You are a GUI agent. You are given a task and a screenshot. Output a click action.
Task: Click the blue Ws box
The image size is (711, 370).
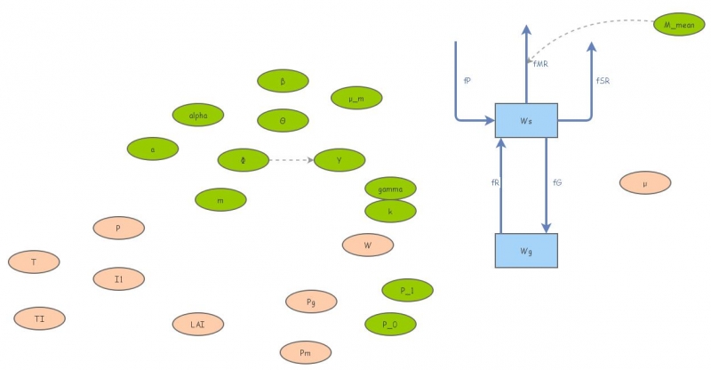(x=526, y=119)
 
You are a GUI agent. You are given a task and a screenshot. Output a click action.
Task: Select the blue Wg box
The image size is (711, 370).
(x=526, y=250)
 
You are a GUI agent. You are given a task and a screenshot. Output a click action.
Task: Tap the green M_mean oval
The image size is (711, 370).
(x=679, y=25)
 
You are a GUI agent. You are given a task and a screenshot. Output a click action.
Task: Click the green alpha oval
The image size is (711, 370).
(x=198, y=115)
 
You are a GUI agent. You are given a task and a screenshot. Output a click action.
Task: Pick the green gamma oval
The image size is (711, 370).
(x=390, y=189)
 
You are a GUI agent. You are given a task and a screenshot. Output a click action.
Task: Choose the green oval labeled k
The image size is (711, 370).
(x=390, y=211)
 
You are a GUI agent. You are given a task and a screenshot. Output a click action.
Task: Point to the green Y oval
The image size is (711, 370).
(x=340, y=160)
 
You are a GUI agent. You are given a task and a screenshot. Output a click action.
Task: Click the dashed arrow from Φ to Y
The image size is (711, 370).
(x=292, y=160)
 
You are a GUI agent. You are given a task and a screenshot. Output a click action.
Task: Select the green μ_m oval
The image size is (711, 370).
(x=356, y=98)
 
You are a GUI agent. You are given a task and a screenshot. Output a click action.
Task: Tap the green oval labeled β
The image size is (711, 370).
(x=283, y=81)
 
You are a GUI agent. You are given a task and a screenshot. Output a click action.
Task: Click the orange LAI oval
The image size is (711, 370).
(x=198, y=325)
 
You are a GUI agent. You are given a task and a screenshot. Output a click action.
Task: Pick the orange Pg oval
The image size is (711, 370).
(x=311, y=302)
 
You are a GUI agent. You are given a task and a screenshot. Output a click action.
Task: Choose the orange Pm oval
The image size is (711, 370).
(x=305, y=353)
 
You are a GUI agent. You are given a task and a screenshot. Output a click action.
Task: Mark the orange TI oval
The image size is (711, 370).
(x=40, y=318)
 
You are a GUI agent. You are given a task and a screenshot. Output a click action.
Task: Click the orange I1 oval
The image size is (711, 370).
(x=118, y=279)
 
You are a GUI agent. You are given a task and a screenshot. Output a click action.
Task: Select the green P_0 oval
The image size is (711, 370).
(x=390, y=324)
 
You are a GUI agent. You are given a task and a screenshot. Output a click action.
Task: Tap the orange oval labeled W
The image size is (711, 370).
(x=368, y=245)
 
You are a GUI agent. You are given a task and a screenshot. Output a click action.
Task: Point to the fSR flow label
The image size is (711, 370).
(x=603, y=81)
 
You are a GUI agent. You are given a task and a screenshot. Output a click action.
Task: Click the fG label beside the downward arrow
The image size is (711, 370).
(x=557, y=182)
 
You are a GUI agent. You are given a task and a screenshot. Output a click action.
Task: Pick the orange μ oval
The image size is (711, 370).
(x=645, y=183)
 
